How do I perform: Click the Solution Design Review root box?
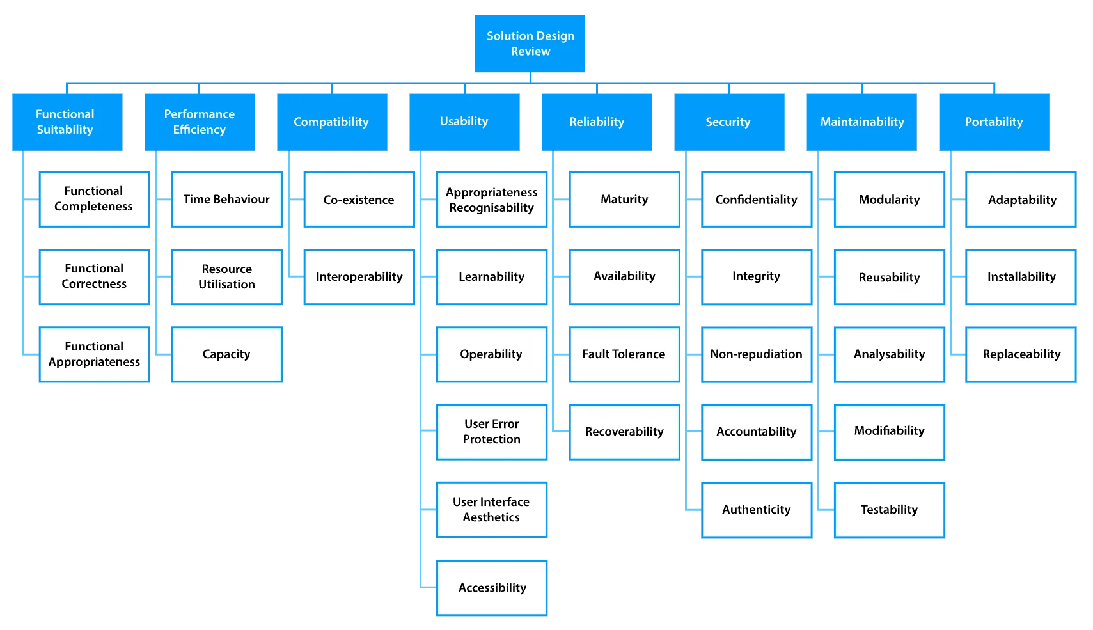pos(530,44)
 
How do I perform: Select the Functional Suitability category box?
pos(66,122)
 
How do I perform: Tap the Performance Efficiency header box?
pos(200,122)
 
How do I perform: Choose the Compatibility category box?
pos(332,122)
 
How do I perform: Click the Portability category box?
pos(994,122)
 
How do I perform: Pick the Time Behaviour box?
pos(226,200)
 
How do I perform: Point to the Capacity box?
pos(226,354)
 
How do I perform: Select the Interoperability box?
pos(359,277)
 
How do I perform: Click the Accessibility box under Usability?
pos(492,588)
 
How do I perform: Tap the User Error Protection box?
pos(492,432)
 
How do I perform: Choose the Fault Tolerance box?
pos(624,354)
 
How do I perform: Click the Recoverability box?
pos(624,432)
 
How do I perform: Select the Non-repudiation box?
pos(756,354)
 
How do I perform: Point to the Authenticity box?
pos(756,510)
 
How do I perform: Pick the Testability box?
pos(889,510)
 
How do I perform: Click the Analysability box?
pos(889,354)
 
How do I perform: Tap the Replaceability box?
pos(1021,354)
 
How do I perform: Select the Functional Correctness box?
pos(94,276)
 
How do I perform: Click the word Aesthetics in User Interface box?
pos(491,517)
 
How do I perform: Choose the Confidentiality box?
pos(756,200)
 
